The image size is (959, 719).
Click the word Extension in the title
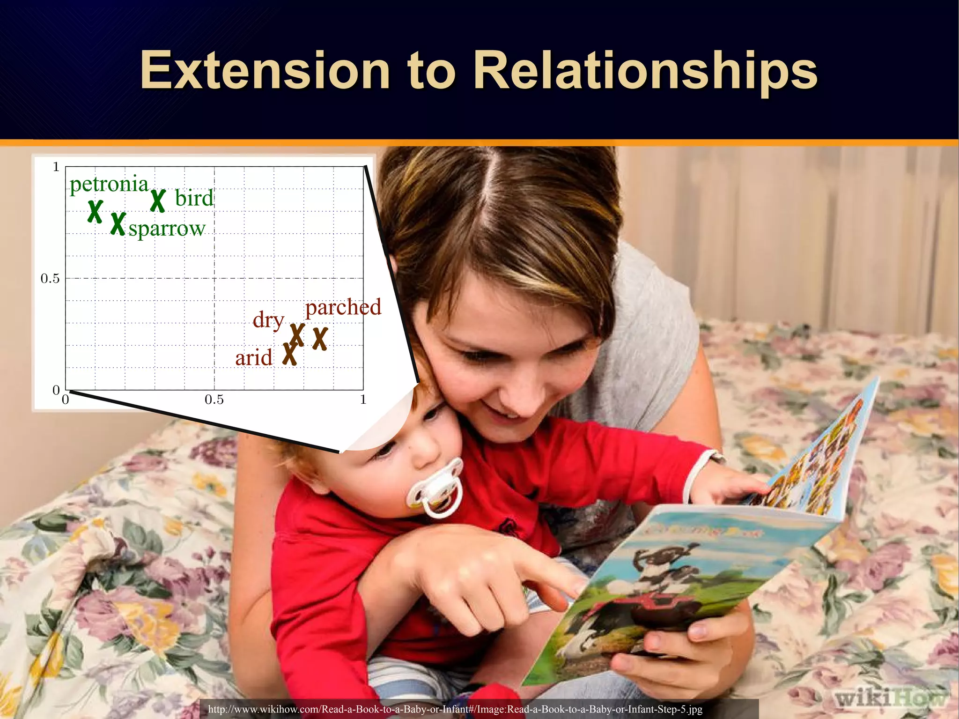pyautogui.click(x=265, y=71)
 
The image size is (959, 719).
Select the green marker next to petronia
pyautogui.click(x=95, y=211)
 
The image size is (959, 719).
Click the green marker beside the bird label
pyautogui.click(x=158, y=200)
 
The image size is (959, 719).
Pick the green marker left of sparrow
pyautogui.click(x=118, y=223)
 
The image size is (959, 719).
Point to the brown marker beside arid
pyautogui.click(x=290, y=354)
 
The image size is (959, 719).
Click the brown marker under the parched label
pyautogui.click(x=320, y=338)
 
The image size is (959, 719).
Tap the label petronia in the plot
pyautogui.click(x=109, y=184)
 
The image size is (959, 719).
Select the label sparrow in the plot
pyautogui.click(x=167, y=229)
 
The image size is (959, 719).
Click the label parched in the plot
pyautogui.click(x=343, y=307)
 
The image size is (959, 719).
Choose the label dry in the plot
pyautogui.click(x=268, y=320)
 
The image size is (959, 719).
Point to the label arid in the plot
pyautogui.click(x=253, y=358)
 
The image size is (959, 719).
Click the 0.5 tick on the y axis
pyautogui.click(x=50, y=279)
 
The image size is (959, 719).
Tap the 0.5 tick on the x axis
pyautogui.click(x=214, y=400)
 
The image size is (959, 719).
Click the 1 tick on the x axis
pyautogui.click(x=363, y=400)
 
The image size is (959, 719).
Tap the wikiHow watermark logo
pyautogui.click(x=890, y=698)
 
